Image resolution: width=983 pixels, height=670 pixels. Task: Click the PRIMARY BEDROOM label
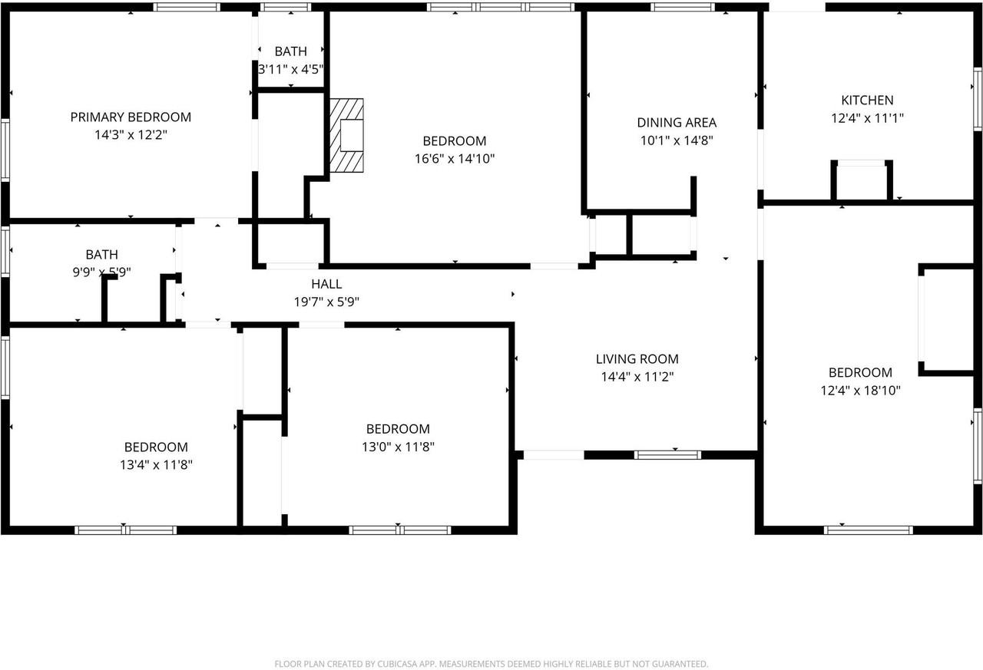(131, 117)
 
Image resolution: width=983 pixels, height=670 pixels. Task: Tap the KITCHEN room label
(867, 101)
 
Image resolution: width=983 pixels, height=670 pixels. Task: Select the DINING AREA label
(677, 123)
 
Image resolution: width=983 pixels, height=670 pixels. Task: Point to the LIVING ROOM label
(637, 359)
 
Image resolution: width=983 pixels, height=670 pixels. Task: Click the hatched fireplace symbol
(346, 136)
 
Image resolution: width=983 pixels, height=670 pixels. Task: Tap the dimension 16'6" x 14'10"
(455, 159)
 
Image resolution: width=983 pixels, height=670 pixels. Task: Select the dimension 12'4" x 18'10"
(860, 390)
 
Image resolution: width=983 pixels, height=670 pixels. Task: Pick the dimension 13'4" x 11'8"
(156, 464)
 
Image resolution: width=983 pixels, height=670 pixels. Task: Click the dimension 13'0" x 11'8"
(398, 447)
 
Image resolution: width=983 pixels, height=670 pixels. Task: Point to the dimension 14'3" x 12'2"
(131, 135)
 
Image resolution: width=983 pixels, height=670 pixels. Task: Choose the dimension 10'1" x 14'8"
(677, 140)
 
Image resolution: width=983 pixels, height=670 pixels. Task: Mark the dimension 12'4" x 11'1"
(867, 118)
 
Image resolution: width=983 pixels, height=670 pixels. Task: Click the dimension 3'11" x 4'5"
(290, 69)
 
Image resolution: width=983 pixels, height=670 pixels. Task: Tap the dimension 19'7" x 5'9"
(326, 302)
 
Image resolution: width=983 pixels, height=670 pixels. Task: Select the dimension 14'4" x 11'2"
(637, 377)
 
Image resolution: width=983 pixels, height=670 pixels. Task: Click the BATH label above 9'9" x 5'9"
(102, 254)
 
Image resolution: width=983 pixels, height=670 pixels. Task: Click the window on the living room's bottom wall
(667, 454)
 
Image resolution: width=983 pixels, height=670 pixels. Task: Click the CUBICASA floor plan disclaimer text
(491, 664)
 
